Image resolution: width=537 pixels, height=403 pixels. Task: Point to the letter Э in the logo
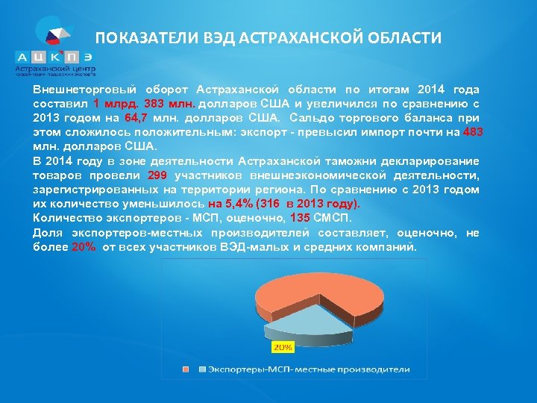(88, 57)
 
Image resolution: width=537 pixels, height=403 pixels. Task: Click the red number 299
(157, 175)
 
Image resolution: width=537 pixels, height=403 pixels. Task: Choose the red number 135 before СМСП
(300, 218)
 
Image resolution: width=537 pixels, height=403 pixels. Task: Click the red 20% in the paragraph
(84, 247)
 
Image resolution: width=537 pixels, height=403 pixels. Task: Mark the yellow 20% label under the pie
(283, 347)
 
